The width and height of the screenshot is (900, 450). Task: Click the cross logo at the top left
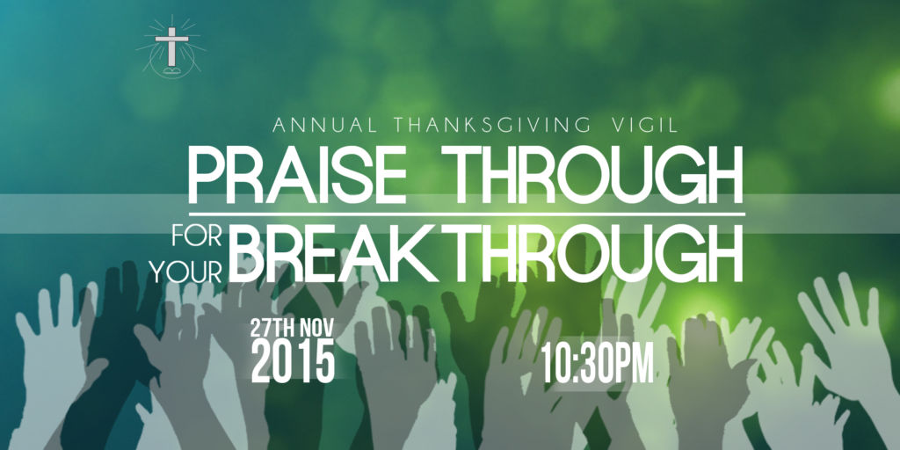171,47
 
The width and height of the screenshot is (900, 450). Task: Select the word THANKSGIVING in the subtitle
489,125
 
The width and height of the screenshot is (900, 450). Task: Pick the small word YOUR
187,272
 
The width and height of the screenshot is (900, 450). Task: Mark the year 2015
293,361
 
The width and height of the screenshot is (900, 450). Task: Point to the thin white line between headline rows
467,214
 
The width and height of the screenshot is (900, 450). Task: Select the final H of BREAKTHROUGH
724,254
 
